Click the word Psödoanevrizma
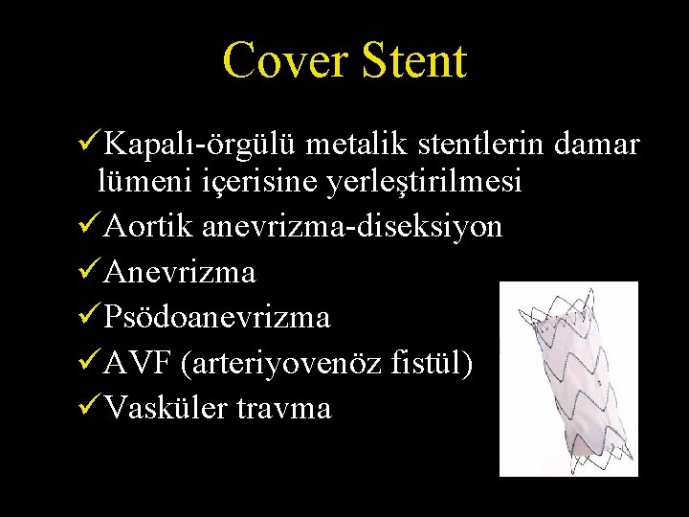click(x=217, y=317)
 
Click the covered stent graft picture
click(x=567, y=379)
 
